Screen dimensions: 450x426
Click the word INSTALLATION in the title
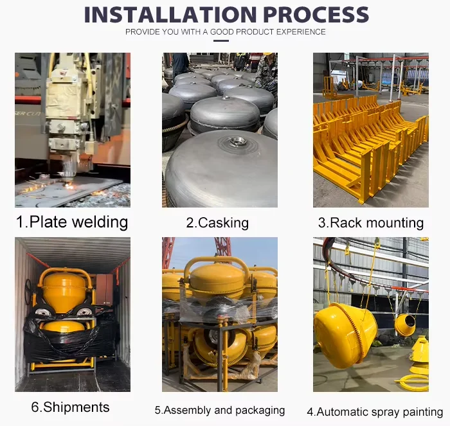pos(170,14)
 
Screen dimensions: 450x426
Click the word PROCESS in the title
pos(316,14)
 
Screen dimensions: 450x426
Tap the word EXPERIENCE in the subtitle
pos(301,32)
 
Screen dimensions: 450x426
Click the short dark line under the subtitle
pos(221,40)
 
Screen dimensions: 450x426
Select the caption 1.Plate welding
pos(72,222)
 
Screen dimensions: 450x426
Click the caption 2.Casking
pos(217,223)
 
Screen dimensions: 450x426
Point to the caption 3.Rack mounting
pos(371,223)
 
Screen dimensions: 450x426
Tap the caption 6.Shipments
pos(70,407)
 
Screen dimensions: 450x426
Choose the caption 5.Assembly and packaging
pos(220,410)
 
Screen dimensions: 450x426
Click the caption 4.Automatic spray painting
pos(375,412)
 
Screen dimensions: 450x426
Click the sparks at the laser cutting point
pos(68,186)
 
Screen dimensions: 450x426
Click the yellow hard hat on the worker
pos(268,53)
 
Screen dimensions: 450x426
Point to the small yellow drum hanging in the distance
pos(405,324)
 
